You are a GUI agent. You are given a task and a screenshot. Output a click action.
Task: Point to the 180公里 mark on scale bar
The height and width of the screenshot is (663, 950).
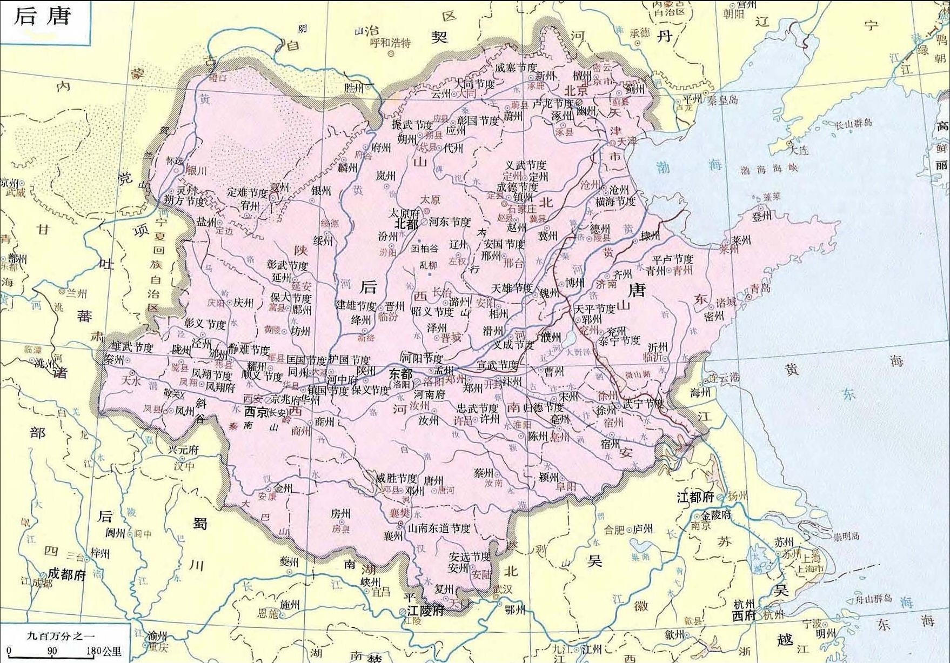click(103, 652)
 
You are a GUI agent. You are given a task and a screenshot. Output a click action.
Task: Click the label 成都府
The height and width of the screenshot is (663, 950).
click(67, 574)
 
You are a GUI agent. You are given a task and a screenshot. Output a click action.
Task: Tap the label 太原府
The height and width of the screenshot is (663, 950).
click(405, 213)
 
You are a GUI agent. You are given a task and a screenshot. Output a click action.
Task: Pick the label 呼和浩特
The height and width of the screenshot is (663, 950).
click(390, 43)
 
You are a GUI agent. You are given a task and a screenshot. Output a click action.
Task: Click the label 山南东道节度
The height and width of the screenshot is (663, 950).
click(439, 528)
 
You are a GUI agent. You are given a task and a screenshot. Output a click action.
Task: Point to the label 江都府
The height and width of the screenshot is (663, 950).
click(695, 497)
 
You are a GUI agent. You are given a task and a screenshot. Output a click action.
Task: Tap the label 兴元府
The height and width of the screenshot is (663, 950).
click(183, 450)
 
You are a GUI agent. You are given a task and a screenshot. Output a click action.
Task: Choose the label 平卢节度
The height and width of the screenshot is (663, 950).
click(672, 259)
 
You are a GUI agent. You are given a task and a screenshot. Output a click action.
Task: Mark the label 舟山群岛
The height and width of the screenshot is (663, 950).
click(877, 599)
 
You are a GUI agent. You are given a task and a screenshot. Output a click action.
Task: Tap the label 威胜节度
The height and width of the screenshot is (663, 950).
click(397, 478)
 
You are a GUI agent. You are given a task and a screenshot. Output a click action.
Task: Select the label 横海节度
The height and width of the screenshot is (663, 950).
click(616, 202)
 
